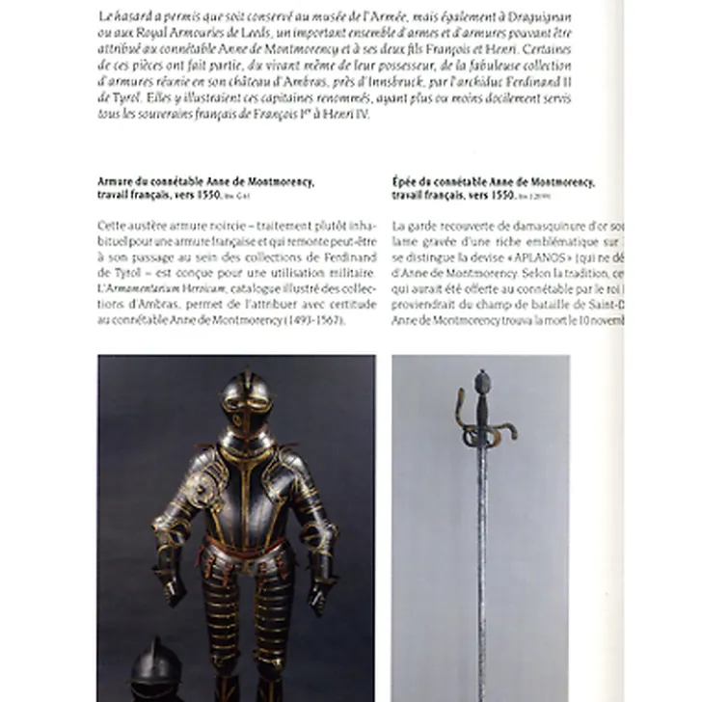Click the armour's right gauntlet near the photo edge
[319, 590]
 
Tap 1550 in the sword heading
[500, 194]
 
